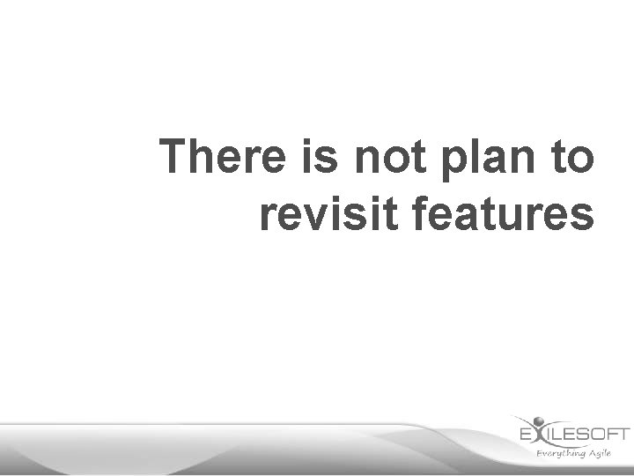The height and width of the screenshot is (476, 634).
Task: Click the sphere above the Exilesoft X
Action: click(540, 420)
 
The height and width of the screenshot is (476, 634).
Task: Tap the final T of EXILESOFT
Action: click(623, 434)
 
